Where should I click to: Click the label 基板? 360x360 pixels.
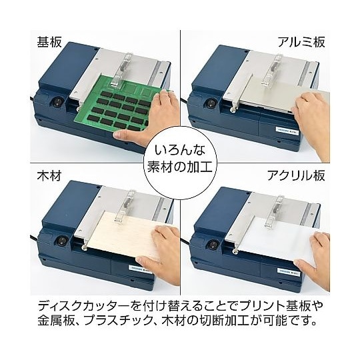point(49,42)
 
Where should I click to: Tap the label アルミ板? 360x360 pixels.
point(301,42)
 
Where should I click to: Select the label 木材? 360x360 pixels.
point(49,176)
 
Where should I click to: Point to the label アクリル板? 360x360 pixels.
point(296,176)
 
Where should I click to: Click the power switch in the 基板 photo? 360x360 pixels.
point(57,103)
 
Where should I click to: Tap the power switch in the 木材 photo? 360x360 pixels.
point(61,242)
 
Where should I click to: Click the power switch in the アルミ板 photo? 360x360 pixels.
point(209,103)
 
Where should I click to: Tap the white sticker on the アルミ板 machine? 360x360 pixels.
point(287,129)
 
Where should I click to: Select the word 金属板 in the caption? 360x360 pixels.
point(57,321)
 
